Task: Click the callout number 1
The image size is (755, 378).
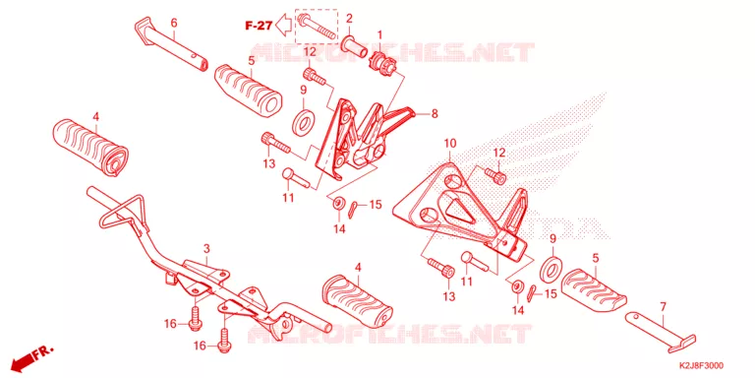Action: [x=379, y=34]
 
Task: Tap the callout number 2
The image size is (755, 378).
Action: [x=349, y=19]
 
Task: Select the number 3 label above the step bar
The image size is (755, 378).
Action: [x=206, y=249]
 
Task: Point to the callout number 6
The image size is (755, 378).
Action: [x=174, y=23]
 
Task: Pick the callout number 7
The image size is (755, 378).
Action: [x=663, y=306]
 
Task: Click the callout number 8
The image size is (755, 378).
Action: [x=435, y=114]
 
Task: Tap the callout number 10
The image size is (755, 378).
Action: [x=449, y=143]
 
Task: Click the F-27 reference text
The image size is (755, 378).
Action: [x=260, y=26]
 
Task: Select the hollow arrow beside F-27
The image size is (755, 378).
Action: [x=284, y=25]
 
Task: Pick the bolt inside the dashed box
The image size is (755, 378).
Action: [x=316, y=27]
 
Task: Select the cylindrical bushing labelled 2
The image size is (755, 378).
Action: [x=354, y=47]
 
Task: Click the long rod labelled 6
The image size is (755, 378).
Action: [x=171, y=42]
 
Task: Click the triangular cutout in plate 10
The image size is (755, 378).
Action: [x=456, y=207]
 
